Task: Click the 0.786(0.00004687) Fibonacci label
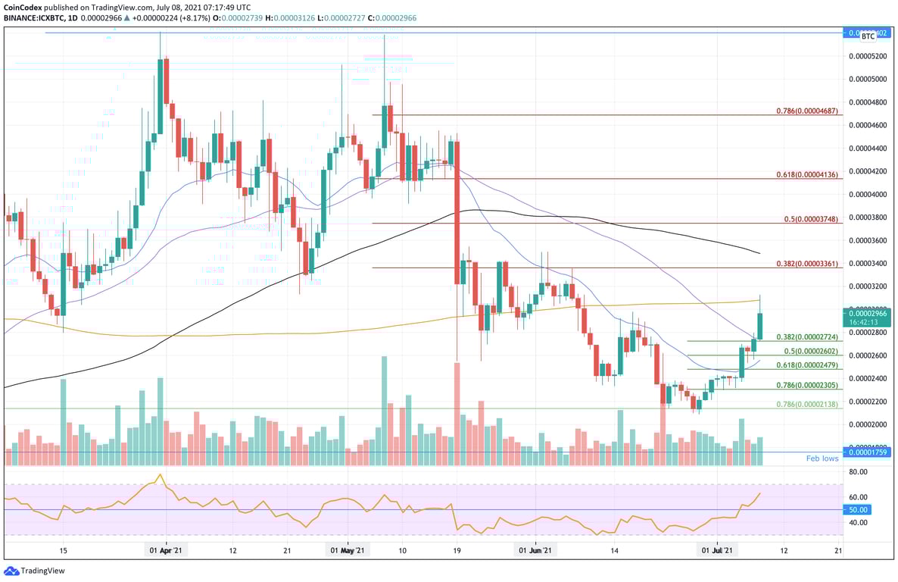click(x=806, y=111)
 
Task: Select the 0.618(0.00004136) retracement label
click(x=806, y=175)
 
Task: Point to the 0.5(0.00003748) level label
click(x=811, y=219)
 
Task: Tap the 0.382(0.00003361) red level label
click(x=806, y=264)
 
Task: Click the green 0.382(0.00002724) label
click(x=806, y=336)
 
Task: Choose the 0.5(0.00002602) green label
click(x=811, y=351)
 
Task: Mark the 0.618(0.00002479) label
click(x=806, y=365)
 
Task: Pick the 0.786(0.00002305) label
click(x=806, y=385)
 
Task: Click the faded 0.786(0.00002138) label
click(x=806, y=405)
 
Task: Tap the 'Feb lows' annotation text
click(x=822, y=458)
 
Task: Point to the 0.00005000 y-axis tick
click(x=868, y=79)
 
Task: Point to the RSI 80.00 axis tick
click(x=857, y=471)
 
